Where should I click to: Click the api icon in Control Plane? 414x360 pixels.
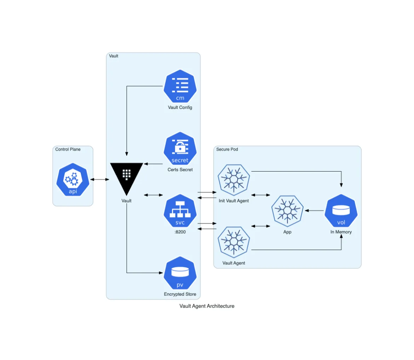pyautogui.click(x=73, y=179)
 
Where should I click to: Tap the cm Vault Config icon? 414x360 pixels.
pyautogui.click(x=180, y=86)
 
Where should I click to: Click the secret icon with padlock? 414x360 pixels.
pyautogui.click(x=180, y=149)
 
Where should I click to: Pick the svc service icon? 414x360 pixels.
pyautogui.click(x=180, y=211)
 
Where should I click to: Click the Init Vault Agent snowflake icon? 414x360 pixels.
pyautogui.click(x=234, y=180)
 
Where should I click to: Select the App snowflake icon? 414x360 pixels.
pyautogui.click(x=287, y=211)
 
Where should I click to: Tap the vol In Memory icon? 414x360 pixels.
pyautogui.click(x=341, y=211)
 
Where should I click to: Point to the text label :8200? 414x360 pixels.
pyautogui.click(x=180, y=232)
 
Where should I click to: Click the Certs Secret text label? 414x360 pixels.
pyautogui.click(x=180, y=170)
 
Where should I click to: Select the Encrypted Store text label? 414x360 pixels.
pyautogui.click(x=180, y=294)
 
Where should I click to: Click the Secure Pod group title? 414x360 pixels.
pyautogui.click(x=227, y=149)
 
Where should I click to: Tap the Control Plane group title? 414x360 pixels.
pyautogui.click(x=68, y=149)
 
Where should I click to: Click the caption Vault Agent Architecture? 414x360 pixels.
pyautogui.click(x=207, y=306)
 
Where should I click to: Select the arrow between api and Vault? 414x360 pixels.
pyautogui.click(x=100, y=180)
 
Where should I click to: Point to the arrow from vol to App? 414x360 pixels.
pyautogui.click(x=314, y=211)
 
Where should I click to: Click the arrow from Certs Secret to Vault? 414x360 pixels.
pyautogui.click(x=153, y=164)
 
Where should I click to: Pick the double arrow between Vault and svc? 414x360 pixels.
pyautogui.click(x=153, y=195)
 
